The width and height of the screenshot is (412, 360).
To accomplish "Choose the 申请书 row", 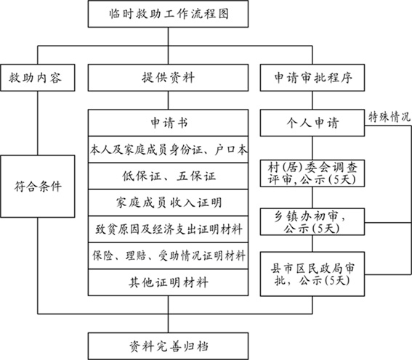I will (x=169, y=122).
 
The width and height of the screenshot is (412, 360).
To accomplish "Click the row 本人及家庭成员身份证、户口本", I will (x=169, y=150).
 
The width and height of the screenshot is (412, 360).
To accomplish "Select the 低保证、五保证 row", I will (x=169, y=176).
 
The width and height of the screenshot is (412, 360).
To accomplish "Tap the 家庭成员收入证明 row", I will (x=169, y=202).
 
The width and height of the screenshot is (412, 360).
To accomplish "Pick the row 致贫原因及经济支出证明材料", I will (x=169, y=228).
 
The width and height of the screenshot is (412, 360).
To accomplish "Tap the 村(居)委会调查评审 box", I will (x=313, y=175).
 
